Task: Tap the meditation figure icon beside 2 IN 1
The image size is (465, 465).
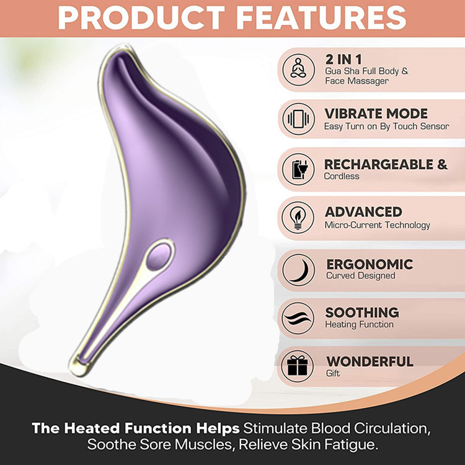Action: click(298, 69)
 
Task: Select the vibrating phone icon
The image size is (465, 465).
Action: click(298, 119)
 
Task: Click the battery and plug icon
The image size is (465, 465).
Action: click(298, 169)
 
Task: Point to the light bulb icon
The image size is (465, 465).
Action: click(298, 218)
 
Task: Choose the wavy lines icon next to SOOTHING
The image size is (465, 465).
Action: click(298, 318)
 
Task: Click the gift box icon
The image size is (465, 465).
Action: click(298, 366)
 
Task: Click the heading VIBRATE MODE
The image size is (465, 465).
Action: click(376, 113)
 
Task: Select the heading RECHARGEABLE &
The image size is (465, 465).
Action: click(386, 164)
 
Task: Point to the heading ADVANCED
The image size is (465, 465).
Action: click(363, 212)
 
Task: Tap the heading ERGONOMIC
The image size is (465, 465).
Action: click(370, 264)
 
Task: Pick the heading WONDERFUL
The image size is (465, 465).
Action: click(370, 361)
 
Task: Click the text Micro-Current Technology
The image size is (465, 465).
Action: click(377, 226)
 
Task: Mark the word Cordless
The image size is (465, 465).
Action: click(342, 176)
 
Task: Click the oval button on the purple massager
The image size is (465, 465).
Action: click(159, 255)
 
